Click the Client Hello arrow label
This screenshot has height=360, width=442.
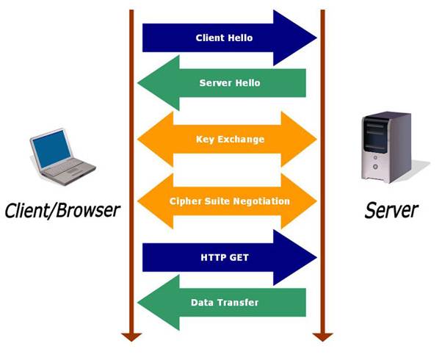[224, 37]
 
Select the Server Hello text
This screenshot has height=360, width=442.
[230, 83]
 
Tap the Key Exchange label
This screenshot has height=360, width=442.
[230, 139]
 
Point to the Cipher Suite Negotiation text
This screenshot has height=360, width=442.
[229, 201]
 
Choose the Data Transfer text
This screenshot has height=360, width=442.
[225, 302]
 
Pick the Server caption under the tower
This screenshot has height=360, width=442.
[391, 211]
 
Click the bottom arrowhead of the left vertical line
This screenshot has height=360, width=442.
[131, 336]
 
